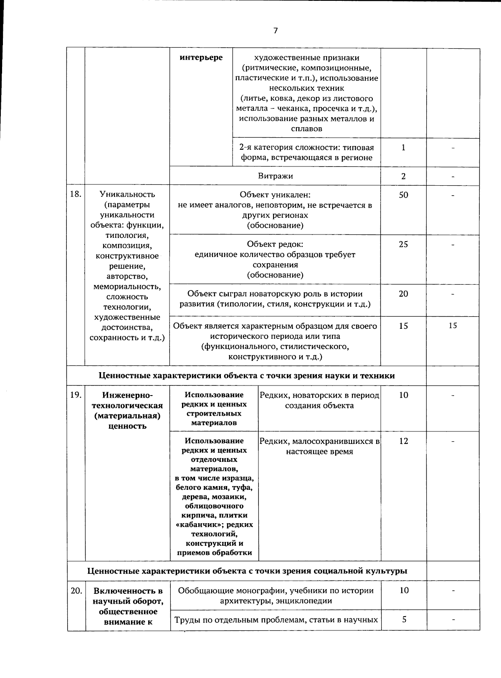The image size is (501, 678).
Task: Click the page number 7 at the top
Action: coord(275,30)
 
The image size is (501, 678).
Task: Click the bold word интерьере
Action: coord(201,58)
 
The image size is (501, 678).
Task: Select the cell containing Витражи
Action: coord(275,176)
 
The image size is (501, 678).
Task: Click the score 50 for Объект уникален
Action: coord(403,195)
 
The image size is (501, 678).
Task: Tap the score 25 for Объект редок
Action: coord(403,244)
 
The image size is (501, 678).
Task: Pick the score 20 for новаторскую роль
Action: coord(403,294)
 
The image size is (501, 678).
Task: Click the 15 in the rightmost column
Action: coord(453,326)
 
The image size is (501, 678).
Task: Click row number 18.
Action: coord(76,194)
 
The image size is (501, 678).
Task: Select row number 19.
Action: coord(76,395)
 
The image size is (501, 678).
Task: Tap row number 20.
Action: coord(76,590)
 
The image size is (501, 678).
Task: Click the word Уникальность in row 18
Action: coord(127,194)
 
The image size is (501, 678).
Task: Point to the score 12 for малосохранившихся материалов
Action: coord(403,441)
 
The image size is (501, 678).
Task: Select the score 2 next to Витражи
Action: coord(403,176)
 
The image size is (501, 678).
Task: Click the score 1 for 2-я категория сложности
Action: coord(403,147)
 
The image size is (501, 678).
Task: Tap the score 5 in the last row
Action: coord(404,620)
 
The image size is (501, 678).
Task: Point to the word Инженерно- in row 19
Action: coord(127,395)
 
